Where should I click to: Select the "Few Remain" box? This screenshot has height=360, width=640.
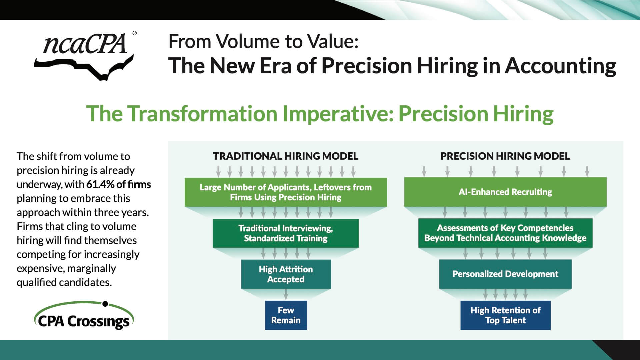(286, 315)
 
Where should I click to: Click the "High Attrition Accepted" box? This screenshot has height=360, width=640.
(286, 274)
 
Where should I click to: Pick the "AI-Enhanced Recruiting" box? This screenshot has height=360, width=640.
(505, 192)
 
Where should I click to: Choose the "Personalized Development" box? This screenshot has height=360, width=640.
(505, 274)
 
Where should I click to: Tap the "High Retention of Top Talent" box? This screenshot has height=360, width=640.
(505, 315)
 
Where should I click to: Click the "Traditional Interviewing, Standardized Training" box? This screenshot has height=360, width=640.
(286, 233)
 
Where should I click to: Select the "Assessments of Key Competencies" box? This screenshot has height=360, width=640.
(505, 233)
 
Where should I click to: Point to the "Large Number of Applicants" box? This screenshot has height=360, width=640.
(286, 192)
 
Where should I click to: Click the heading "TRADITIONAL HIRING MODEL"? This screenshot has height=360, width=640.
(286, 156)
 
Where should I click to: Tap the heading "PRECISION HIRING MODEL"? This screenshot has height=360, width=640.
(505, 156)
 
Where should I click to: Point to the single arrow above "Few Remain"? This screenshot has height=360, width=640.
(286, 294)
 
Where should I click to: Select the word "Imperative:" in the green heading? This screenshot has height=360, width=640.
(338, 114)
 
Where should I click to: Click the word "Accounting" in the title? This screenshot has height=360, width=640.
(560, 66)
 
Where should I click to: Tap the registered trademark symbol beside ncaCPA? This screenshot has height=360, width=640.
(134, 33)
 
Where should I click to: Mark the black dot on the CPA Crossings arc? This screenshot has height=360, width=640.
(105, 304)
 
